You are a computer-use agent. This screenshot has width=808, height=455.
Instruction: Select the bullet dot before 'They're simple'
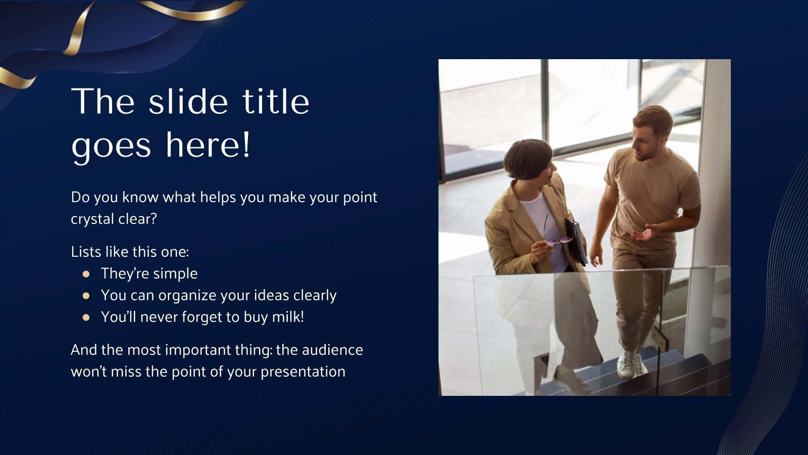click(86, 274)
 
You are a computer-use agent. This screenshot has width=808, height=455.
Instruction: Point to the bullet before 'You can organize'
click(86, 296)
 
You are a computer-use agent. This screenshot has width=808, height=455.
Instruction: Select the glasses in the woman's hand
click(558, 241)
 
